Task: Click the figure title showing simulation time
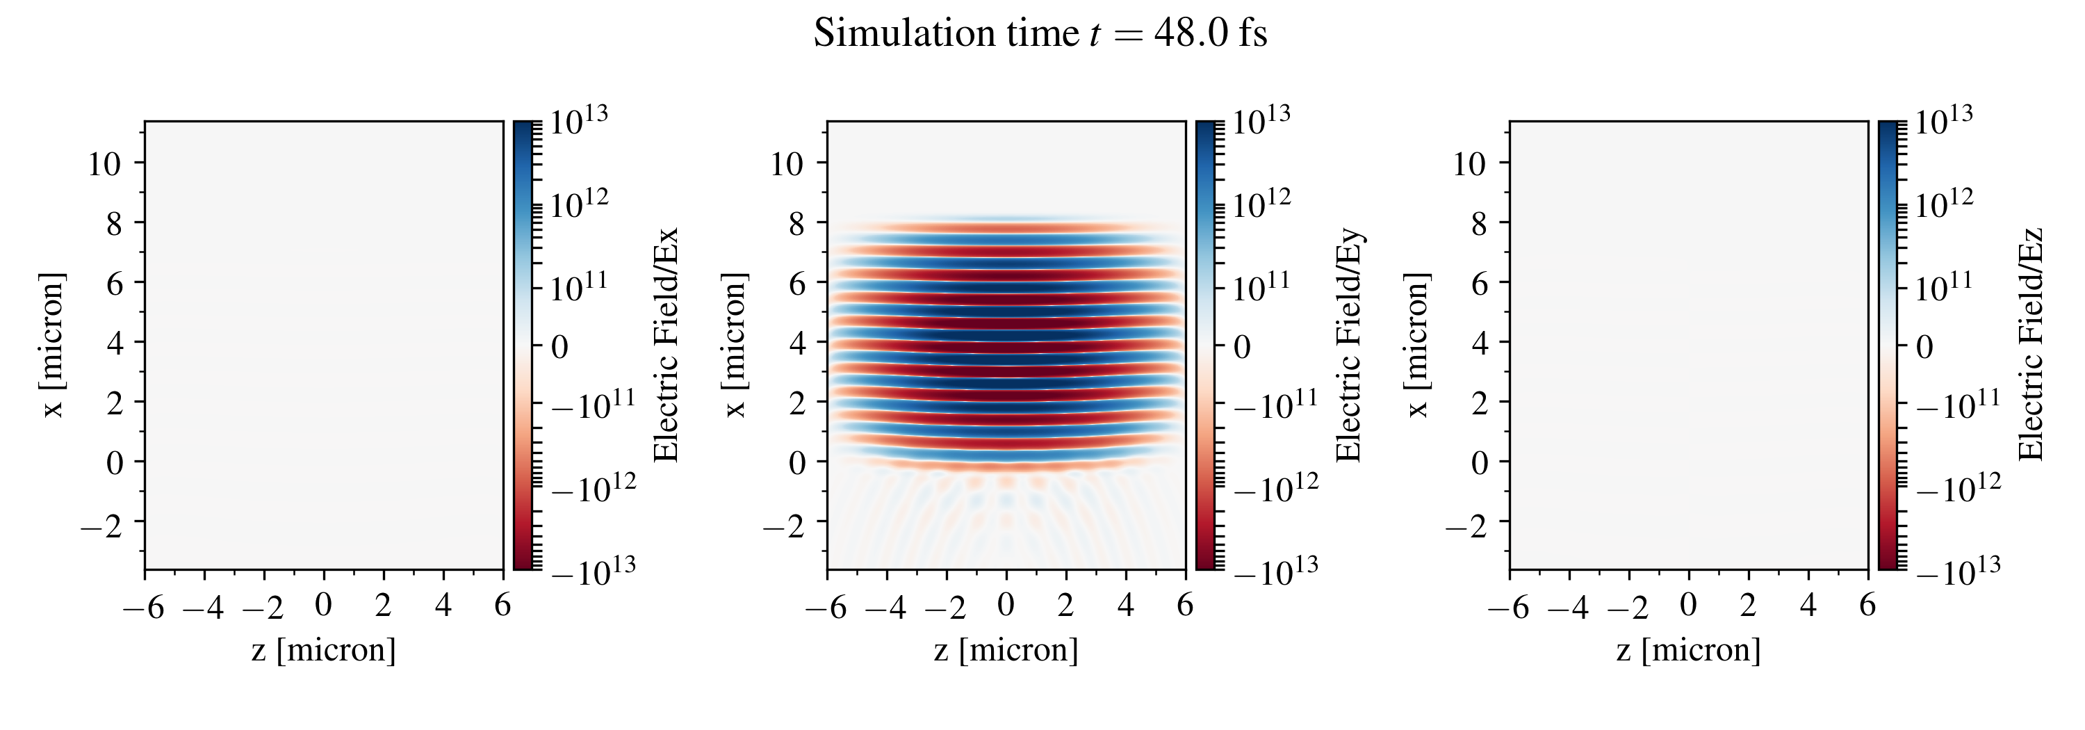tap(1040, 34)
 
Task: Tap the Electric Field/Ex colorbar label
tap(665, 345)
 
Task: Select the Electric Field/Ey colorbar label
tap(1348, 345)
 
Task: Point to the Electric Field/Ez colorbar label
tap(2031, 345)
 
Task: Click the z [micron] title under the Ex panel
tap(324, 650)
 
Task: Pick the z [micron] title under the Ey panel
tap(1006, 650)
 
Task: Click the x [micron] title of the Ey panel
tap(734, 345)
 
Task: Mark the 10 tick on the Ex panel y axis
tap(104, 164)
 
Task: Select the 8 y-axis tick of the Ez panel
tap(1479, 224)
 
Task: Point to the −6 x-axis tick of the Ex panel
tap(144, 606)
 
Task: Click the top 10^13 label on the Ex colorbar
tap(580, 122)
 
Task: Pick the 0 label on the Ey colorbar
tap(1241, 347)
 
